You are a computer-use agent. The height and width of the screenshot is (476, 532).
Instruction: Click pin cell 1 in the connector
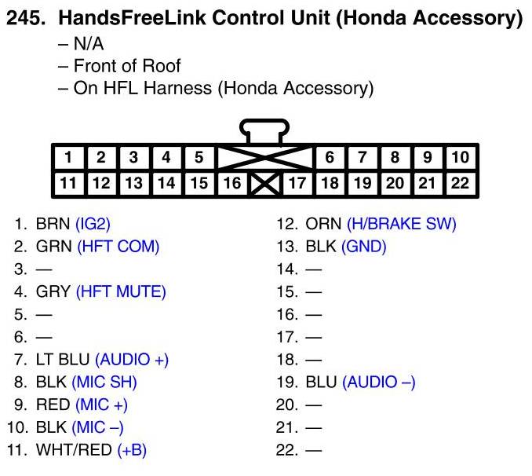tap(68, 157)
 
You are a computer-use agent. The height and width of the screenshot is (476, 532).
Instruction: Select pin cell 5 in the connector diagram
tap(199, 157)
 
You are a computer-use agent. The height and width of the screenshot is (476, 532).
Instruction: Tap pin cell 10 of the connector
tap(461, 157)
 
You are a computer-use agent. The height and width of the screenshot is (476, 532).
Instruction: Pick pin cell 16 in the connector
tap(231, 184)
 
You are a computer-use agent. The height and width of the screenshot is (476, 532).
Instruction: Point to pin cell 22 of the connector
tap(461, 184)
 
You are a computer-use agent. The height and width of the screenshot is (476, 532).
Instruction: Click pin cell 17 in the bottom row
tap(297, 184)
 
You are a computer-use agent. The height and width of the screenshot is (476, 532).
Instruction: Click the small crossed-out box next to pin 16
tap(264, 185)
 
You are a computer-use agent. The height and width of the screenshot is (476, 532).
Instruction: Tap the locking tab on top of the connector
tap(265, 130)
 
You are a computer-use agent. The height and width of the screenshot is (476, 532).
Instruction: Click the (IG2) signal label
tap(98, 224)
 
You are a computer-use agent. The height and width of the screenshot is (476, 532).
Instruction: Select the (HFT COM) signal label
tap(118, 247)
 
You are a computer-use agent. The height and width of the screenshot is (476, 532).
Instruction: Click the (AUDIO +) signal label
tap(132, 360)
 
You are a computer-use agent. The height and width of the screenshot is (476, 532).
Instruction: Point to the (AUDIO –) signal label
tap(379, 383)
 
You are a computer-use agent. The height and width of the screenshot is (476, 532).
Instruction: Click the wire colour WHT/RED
tap(74, 451)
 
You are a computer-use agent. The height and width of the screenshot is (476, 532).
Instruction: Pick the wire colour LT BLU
tap(63, 360)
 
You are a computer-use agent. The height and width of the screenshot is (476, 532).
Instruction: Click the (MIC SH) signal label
tap(104, 383)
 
